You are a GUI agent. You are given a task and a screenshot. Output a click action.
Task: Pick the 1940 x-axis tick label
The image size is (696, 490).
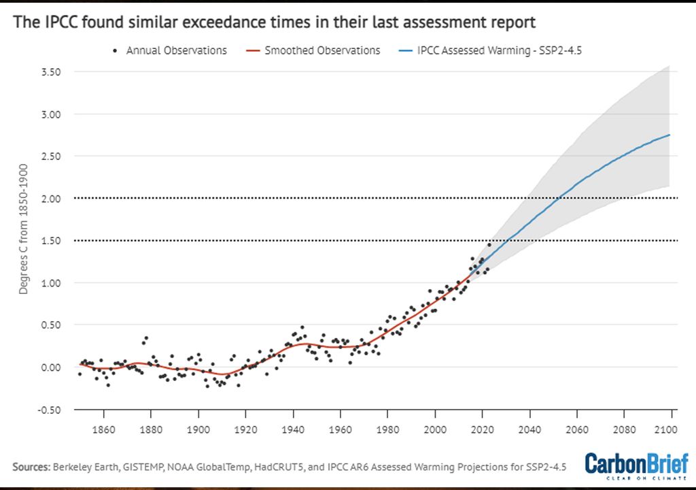tap(293, 430)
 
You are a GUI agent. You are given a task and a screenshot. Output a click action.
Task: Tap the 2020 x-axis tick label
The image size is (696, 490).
tap(482, 430)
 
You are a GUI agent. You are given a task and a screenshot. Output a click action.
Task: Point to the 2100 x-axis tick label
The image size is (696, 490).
tap(672, 430)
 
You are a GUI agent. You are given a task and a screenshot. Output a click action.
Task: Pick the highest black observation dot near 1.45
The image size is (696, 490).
tap(489, 244)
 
